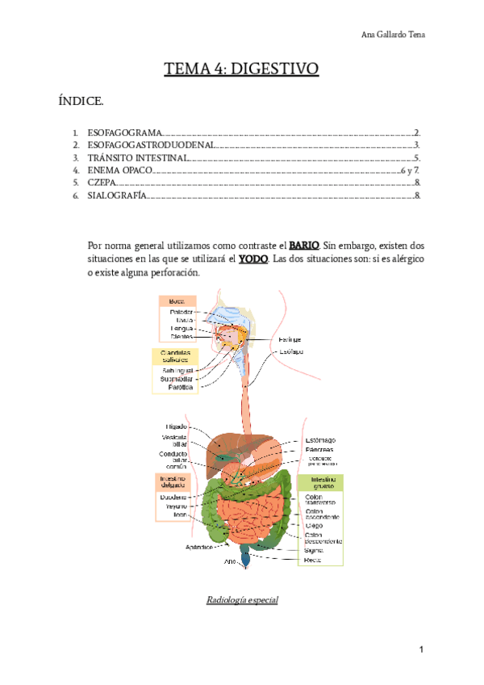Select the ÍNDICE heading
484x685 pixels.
point(81,102)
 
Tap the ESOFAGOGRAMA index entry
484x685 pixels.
point(123,132)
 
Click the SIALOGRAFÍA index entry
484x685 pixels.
point(117,196)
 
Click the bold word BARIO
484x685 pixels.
point(304,244)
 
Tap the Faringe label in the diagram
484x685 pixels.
point(290,340)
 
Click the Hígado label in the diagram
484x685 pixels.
point(177,426)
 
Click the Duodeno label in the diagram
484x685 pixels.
point(173,498)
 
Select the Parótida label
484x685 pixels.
point(180,388)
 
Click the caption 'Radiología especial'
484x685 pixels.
point(242,600)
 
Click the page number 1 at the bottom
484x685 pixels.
point(421,650)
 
